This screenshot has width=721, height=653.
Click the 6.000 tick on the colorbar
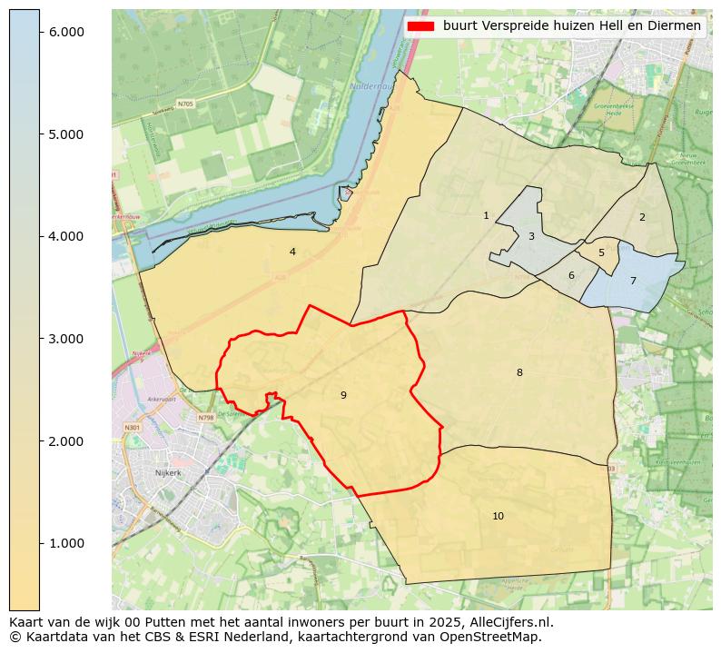[x=65, y=32]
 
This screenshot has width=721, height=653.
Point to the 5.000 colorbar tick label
[x=65, y=134]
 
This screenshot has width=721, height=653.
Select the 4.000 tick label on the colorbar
[x=65, y=236]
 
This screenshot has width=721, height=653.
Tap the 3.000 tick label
[x=65, y=339]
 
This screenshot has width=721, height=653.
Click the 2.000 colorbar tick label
[x=65, y=441]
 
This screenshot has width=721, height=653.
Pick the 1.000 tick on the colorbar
[x=65, y=543]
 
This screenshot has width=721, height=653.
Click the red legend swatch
[x=421, y=26]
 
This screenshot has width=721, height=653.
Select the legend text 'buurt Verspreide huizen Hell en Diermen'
[x=571, y=26]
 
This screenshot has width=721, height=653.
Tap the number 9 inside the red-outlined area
[x=343, y=395]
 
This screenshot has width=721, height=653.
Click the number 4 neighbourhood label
[x=292, y=252]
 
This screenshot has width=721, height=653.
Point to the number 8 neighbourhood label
[x=519, y=372]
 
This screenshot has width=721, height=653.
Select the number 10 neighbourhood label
[x=498, y=516]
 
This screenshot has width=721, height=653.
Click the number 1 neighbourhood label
[x=486, y=215]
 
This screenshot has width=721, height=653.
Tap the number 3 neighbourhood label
[x=531, y=236]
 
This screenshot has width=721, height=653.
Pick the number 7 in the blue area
[x=633, y=281]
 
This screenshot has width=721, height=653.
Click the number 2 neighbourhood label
[x=642, y=217]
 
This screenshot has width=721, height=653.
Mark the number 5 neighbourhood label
[x=601, y=252]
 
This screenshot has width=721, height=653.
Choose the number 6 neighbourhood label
[x=571, y=275]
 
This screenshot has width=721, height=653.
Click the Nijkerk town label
[x=168, y=473]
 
